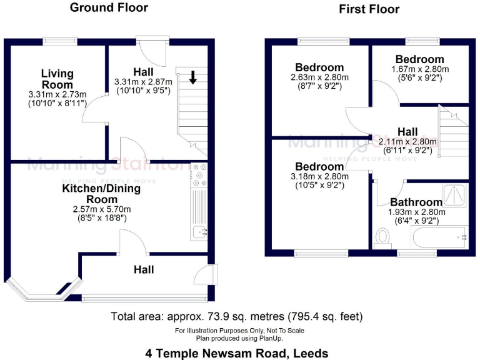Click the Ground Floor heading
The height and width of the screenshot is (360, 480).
tap(109, 8)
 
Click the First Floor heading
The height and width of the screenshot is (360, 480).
tap(369, 9)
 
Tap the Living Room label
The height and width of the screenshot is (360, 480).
tap(57, 79)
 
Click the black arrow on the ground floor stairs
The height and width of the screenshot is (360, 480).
tap(193, 77)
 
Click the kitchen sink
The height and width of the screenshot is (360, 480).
tap(199, 233)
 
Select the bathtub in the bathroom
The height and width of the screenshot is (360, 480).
tap(438, 237)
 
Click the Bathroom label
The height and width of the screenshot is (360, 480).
tap(416, 202)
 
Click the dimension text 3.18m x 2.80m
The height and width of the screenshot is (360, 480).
tap(320, 177)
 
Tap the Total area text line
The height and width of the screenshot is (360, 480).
tap(237, 316)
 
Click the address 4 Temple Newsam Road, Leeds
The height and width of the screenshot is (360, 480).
tap(237, 353)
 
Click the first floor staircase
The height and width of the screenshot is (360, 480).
tap(453, 125)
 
